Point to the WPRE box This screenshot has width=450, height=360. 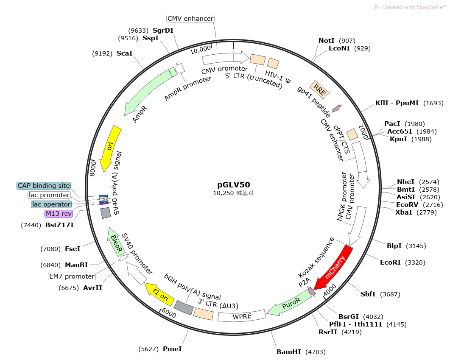[242, 316]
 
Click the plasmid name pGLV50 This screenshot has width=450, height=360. [234, 185]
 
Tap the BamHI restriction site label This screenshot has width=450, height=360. [288, 352]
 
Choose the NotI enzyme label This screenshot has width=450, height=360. [327, 41]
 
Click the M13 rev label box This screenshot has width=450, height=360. [59, 214]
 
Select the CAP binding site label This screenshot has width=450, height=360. [44, 186]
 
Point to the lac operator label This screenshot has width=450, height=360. [51, 204]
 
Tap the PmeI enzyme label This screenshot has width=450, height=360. [172, 349]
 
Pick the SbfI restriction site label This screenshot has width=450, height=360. [368, 294]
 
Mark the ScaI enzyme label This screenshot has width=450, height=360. [125, 53]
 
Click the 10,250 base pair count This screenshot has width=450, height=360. [224, 193]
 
